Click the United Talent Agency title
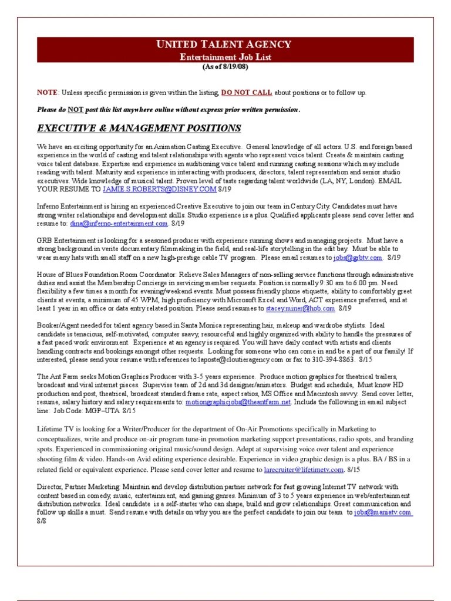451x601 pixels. pos(223,45)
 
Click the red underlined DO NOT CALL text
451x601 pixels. pos(247,93)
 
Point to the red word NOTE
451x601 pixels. pos(46,93)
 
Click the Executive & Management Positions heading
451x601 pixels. pos(139,129)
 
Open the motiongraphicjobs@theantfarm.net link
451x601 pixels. pos(238,402)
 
